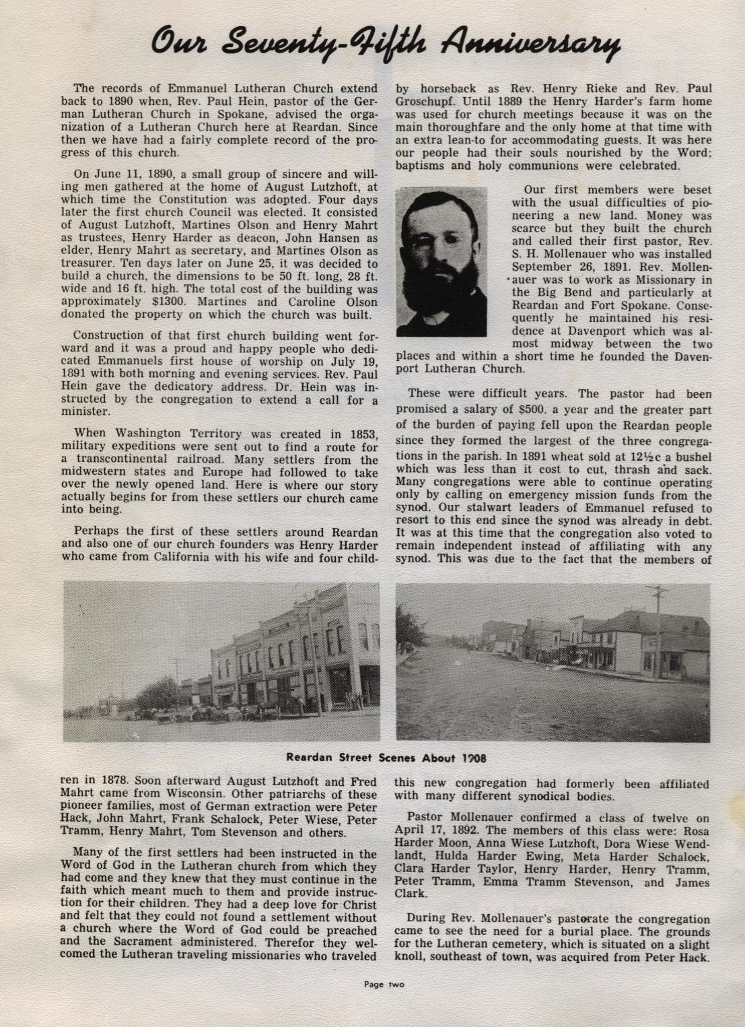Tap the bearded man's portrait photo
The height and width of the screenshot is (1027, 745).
pyautogui.click(x=441, y=262)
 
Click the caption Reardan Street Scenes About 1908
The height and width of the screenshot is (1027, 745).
pyautogui.click(x=386, y=757)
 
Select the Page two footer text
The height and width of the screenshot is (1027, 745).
pyautogui.click(x=384, y=984)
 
